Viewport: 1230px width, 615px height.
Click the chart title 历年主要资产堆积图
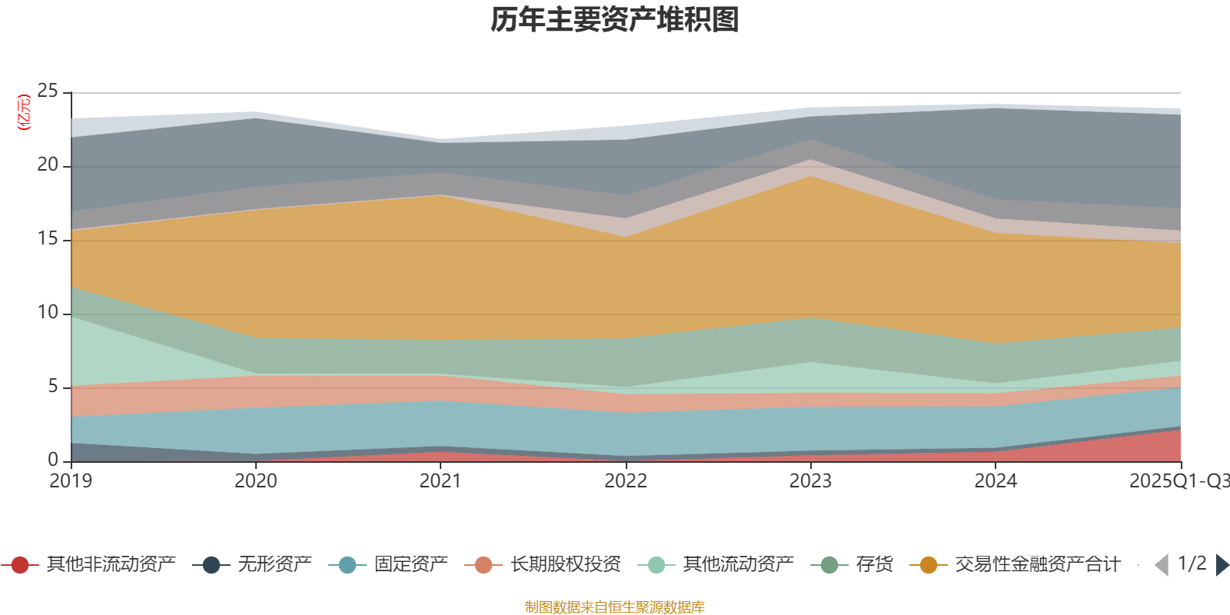click(615, 20)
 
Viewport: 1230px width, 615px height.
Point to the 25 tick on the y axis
click(48, 91)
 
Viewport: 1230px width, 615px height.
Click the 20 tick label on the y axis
click(48, 165)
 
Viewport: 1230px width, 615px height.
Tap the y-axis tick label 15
click(48, 239)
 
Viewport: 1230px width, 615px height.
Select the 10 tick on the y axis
click(48, 313)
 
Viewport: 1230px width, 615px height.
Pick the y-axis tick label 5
click(53, 386)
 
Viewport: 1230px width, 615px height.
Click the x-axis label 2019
click(71, 481)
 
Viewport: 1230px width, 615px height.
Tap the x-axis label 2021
click(440, 481)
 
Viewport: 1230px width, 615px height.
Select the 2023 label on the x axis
click(810, 481)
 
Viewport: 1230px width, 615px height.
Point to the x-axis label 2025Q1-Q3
click(1178, 481)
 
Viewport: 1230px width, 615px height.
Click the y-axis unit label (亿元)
click(24, 112)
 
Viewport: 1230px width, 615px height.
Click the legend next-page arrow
click(1222, 565)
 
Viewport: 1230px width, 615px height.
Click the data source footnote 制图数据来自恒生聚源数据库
click(615, 607)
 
